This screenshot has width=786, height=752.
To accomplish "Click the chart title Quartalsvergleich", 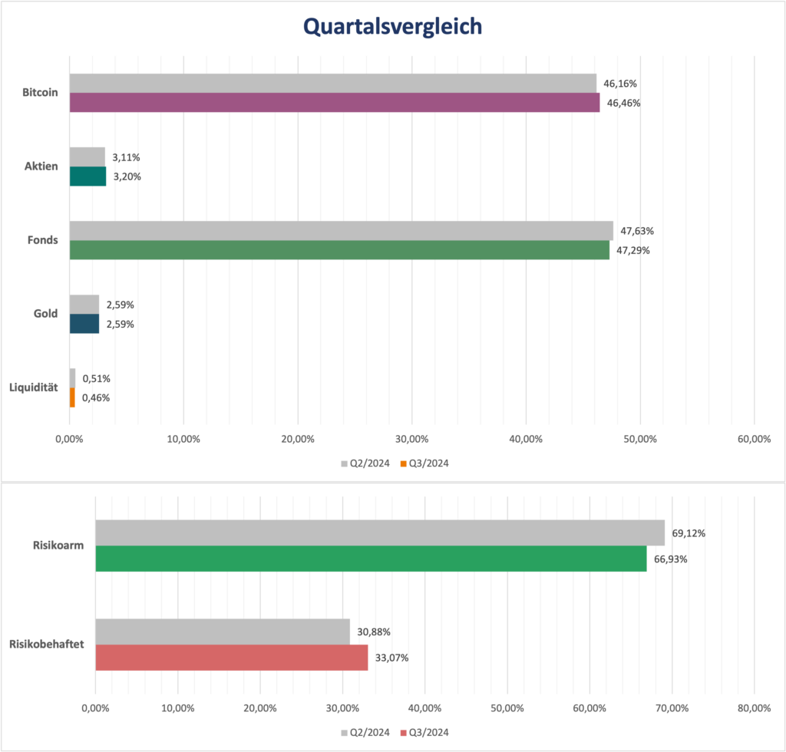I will [392, 27].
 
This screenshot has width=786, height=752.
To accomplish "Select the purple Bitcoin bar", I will [335, 103].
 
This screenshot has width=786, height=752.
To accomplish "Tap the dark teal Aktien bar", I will [88, 176].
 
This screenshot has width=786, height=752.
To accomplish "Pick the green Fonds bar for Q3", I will [339, 250].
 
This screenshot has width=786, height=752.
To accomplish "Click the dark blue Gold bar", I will [84, 324].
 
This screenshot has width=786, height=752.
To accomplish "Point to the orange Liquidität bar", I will [72, 397].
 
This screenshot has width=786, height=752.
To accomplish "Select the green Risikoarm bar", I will [371, 559].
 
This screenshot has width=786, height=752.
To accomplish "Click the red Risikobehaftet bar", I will [231, 658].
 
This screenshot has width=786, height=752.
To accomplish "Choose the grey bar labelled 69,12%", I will [379, 533].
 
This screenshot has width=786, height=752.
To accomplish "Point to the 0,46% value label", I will [96, 397].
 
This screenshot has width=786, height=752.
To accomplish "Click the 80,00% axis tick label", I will [753, 707].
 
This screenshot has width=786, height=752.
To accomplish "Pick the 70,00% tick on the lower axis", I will [671, 707].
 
